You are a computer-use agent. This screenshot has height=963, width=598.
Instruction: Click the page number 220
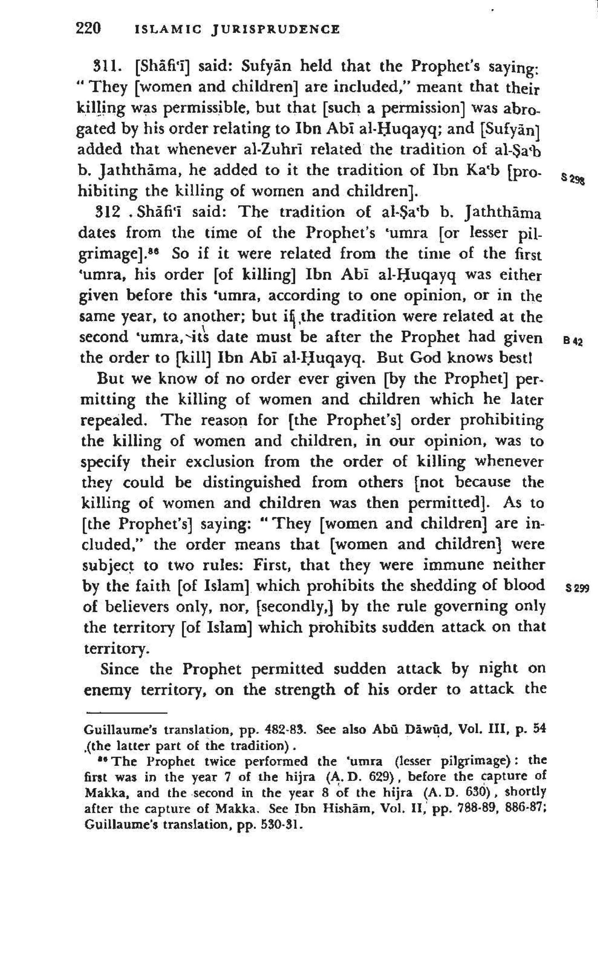point(88,28)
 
